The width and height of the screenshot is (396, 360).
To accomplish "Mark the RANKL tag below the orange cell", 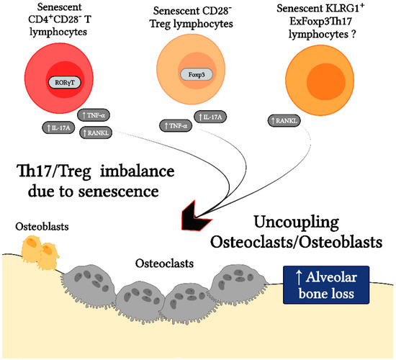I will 284,120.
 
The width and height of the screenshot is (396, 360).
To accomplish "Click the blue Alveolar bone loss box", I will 327,282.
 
